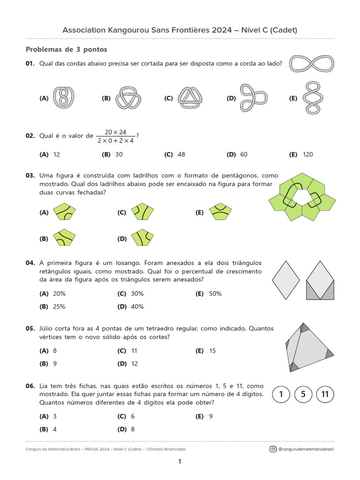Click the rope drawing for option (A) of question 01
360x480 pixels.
point(64,98)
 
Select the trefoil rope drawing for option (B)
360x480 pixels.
point(127,98)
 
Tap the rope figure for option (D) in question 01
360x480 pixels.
point(253,97)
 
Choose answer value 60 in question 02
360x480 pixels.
point(243,155)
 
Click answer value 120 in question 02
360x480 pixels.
point(307,155)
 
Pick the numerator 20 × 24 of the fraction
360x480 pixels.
point(116,132)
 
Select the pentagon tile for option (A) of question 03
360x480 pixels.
point(65,212)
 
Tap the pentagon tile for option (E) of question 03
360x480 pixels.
point(220,212)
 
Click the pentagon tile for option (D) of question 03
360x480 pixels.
point(142,238)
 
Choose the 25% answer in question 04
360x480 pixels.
point(59,307)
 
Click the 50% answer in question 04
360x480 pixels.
point(215,294)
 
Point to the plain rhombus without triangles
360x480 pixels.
point(285,280)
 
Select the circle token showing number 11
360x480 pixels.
point(325,395)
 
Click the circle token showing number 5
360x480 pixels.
point(303,395)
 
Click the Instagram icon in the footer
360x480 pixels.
point(273,449)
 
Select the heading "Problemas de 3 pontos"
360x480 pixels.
point(66,49)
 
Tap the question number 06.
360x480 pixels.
point(30,386)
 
